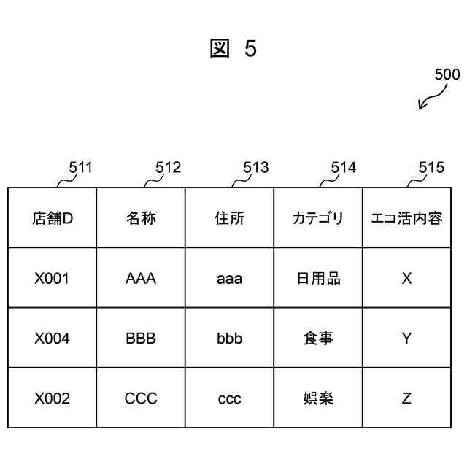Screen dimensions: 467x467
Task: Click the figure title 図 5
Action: point(233,49)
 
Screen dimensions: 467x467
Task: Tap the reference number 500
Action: point(447,74)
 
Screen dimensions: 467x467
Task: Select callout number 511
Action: point(80,168)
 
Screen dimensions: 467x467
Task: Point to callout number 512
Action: point(168,168)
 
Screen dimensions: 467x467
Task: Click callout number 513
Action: point(255,168)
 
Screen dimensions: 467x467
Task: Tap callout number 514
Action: point(344,168)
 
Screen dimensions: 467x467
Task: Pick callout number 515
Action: point(431,168)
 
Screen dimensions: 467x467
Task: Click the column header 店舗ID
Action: point(53,217)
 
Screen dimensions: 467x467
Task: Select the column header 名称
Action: point(141,217)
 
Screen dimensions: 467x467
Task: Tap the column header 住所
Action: point(229,217)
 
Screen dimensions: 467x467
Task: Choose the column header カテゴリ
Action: point(317,217)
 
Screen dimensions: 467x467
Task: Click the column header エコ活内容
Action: point(406,217)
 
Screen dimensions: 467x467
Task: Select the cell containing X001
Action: point(53,278)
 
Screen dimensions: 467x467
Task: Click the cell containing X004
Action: point(53,339)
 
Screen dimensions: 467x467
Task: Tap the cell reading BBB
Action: point(141,339)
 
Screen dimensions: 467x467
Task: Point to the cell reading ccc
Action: point(229,398)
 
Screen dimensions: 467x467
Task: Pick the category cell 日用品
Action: point(318,278)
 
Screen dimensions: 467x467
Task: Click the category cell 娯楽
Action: point(318,398)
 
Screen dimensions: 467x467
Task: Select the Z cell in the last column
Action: point(406,398)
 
